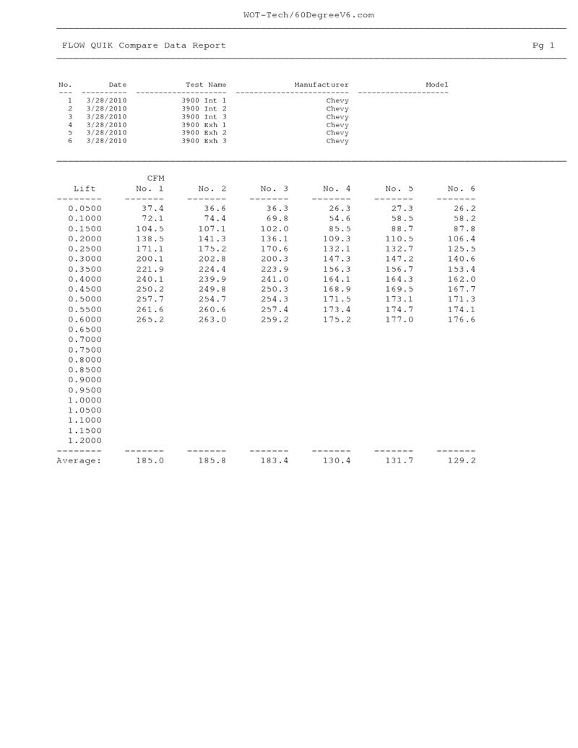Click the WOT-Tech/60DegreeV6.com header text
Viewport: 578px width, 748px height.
tap(309, 15)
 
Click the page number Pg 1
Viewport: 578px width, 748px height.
tap(543, 46)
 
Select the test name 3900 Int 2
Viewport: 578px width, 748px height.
tap(204, 108)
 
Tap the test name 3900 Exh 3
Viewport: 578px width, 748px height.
tap(204, 141)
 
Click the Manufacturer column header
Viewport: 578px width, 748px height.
tap(321, 85)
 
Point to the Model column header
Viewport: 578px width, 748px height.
tap(436, 85)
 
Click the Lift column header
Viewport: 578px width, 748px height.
tap(85, 189)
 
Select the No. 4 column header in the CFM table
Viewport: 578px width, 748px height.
tap(337, 189)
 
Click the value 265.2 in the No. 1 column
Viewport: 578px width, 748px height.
tap(150, 319)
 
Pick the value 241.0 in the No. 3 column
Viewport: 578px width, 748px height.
tap(275, 279)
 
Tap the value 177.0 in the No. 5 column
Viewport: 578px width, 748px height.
tap(400, 319)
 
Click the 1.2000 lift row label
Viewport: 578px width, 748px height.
tap(85, 441)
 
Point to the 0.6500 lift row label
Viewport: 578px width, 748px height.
tap(85, 330)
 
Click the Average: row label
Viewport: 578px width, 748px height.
tap(79, 461)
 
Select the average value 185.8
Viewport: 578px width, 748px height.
tap(212, 461)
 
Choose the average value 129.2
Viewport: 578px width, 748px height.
tap(462, 461)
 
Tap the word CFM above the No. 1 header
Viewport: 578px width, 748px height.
tap(156, 178)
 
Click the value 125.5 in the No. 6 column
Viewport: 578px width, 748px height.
tap(462, 249)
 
